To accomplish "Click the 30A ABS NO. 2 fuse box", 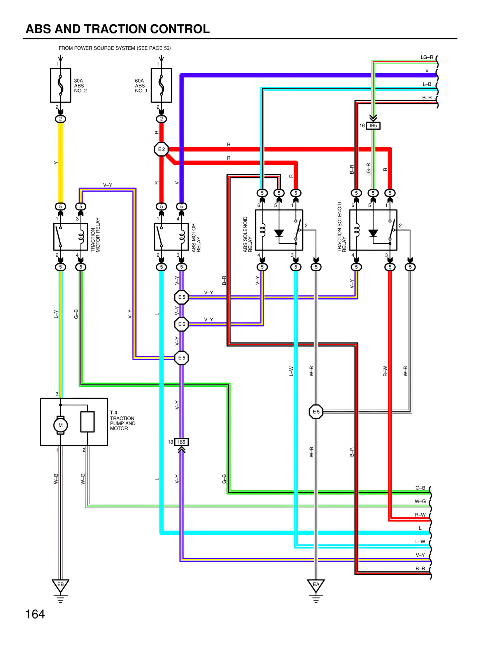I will point(61,85).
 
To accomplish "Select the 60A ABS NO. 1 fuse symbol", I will point(161,85).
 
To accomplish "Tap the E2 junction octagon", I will point(161,149).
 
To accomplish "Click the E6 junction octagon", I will point(182,324).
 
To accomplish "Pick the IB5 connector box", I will point(373,126).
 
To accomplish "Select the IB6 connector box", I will point(182,442).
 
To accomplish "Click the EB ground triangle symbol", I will point(60,585).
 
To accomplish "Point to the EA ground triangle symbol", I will point(316,585).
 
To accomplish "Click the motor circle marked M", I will point(60,425).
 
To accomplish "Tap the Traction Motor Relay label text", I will point(95,235).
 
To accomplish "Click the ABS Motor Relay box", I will point(171,236).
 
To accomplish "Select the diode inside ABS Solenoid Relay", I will point(279,233).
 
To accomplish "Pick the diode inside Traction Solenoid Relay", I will point(373,233).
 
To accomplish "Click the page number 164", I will point(35,614).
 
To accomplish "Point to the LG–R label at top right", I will point(427,57).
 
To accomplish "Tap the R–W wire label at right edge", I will point(420,515).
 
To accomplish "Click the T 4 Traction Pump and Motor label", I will point(122,421).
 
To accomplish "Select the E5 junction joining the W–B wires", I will point(316,412).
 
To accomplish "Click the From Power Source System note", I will point(115,48).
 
